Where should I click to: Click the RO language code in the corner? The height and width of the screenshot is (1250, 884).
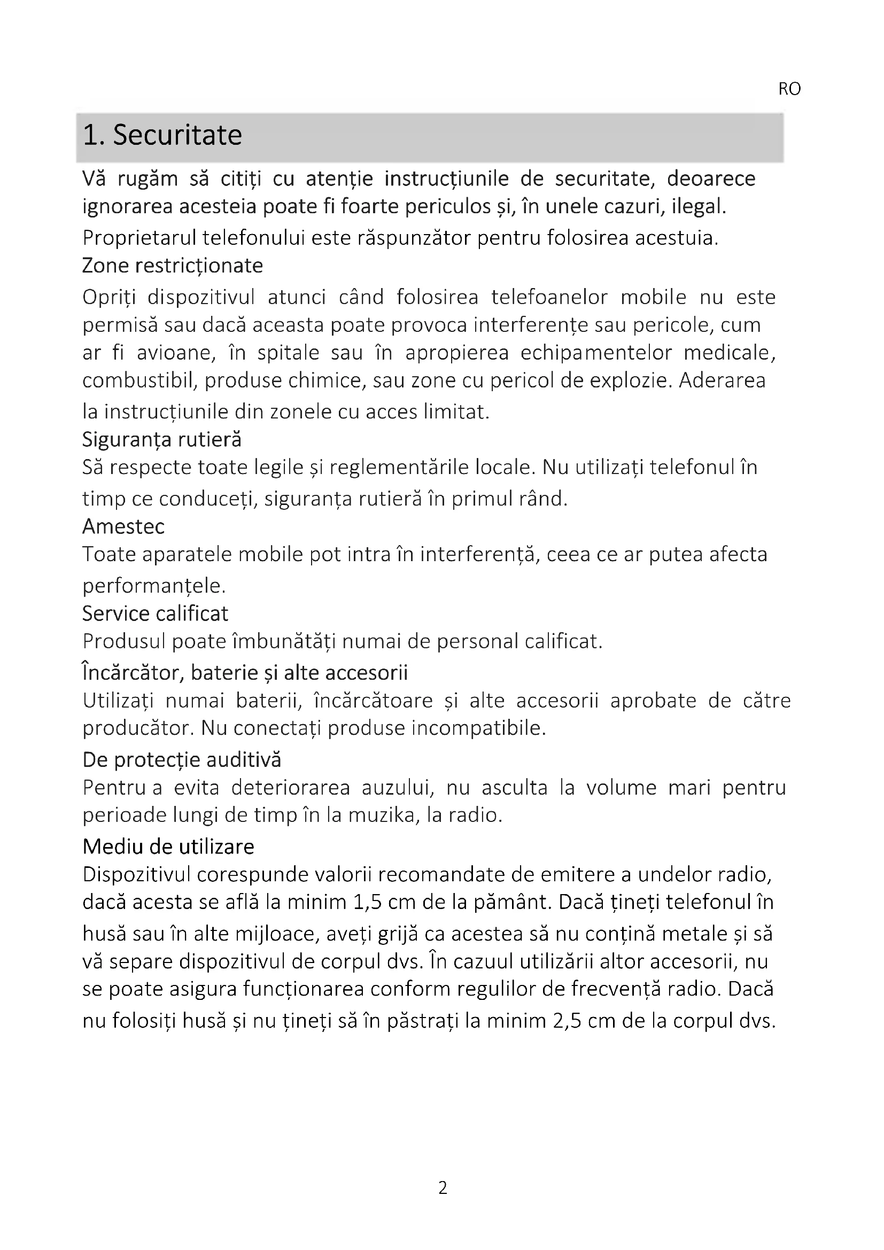coord(789,89)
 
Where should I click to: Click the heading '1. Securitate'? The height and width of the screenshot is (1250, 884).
coord(162,135)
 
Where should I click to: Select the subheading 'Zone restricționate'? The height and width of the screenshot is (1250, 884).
coord(173,266)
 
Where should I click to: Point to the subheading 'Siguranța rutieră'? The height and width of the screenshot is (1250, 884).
coord(161,439)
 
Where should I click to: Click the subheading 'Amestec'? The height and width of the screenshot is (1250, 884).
coord(123,526)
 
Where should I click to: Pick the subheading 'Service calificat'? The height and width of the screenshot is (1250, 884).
coord(155,614)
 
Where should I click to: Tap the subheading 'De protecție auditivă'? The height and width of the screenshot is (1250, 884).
coord(182,759)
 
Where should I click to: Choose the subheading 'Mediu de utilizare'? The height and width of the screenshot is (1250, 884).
coord(168,847)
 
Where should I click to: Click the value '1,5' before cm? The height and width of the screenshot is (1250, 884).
coord(367,902)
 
